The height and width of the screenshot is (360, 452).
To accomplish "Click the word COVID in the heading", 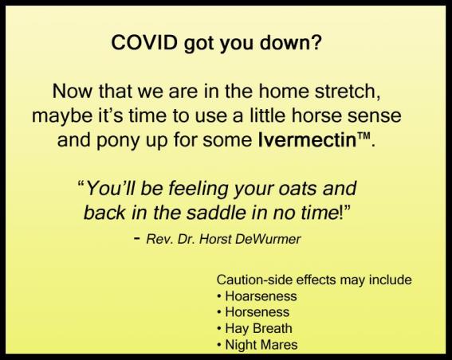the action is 144,43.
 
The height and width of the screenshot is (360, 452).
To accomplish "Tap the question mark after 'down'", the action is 316,42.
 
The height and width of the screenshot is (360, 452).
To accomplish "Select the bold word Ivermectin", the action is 308,140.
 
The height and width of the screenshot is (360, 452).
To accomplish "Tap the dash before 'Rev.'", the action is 137,239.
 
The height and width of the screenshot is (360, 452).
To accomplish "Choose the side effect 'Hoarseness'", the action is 261,296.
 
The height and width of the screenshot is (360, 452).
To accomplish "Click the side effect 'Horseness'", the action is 257,312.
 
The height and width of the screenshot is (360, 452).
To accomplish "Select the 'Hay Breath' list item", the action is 258,329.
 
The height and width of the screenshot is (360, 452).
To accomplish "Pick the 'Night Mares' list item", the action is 261,345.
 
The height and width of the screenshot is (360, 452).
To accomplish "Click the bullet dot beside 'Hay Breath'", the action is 220,329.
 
